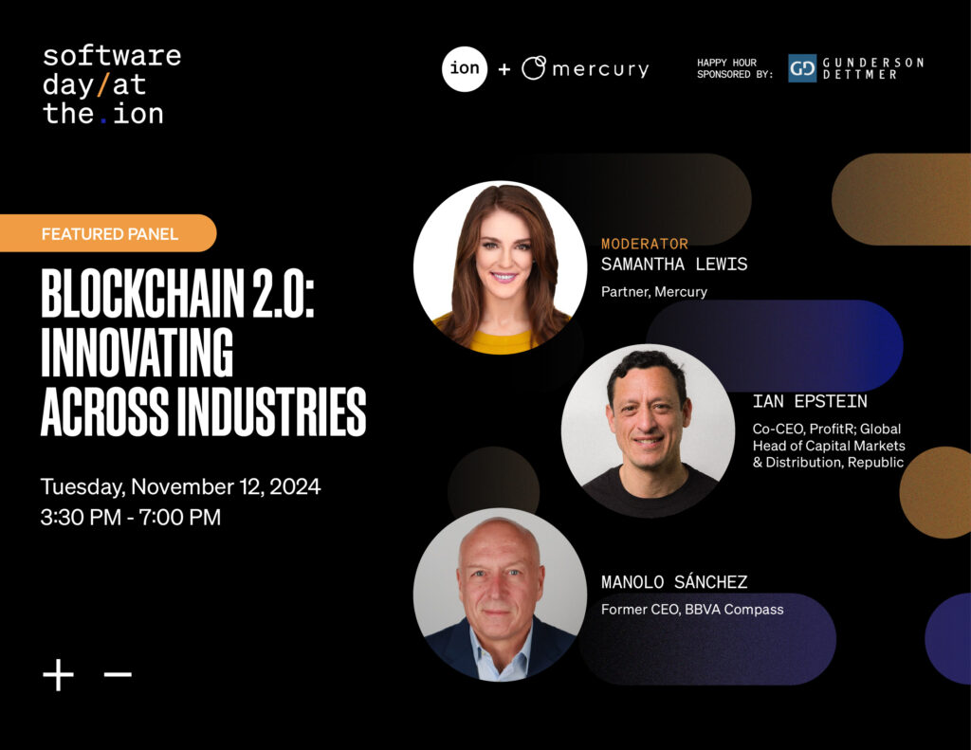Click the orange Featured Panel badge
tap(109, 233)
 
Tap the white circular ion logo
tap(465, 68)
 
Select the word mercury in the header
tap(600, 69)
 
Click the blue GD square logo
tap(802, 68)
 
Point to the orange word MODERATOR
tap(645, 244)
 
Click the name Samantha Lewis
tap(674, 265)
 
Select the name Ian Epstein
tap(810, 401)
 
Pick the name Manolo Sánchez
tap(674, 582)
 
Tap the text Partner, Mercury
tap(654, 292)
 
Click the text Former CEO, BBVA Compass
tap(692, 609)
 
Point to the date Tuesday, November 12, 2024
tap(180, 487)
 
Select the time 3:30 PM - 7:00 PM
tap(131, 517)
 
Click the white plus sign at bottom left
tap(59, 675)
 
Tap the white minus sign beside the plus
tap(118, 675)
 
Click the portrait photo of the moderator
tap(500, 267)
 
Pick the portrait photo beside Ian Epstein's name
tap(648, 430)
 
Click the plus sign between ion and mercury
tap(504, 69)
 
